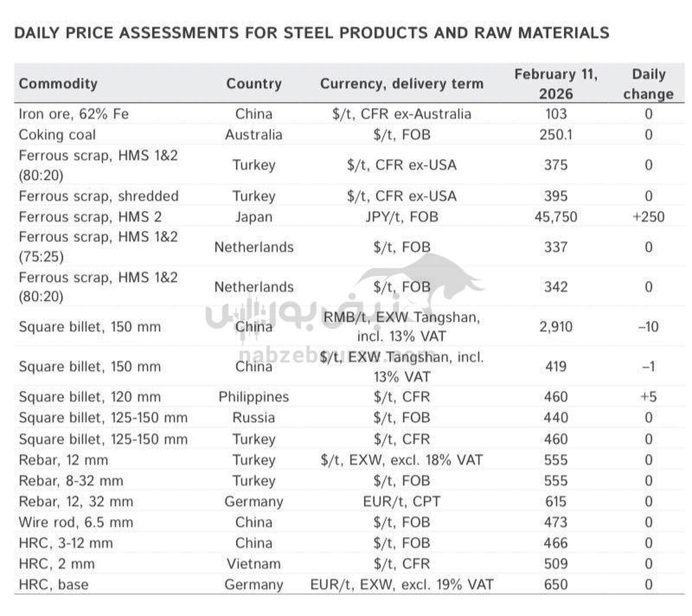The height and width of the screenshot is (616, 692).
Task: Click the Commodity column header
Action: pos(58,84)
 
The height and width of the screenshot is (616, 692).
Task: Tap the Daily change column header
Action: pos(648,84)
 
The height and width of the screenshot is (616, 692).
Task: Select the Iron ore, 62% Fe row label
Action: pos(73,114)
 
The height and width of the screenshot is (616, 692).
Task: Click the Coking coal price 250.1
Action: pos(555,134)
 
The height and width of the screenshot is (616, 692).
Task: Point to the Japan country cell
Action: pos(253,217)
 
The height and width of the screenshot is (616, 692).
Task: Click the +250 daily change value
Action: pos(648,217)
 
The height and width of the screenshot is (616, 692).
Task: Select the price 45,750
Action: pos(555,217)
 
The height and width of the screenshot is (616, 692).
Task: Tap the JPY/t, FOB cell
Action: pos(401,217)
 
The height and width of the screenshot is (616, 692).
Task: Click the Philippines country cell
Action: pos(253,397)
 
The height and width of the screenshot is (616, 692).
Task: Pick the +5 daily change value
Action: pos(648,397)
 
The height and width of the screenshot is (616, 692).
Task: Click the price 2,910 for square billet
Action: pos(555,326)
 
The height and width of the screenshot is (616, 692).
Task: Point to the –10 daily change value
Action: pos(648,326)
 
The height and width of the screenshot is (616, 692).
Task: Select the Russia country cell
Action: pos(253,418)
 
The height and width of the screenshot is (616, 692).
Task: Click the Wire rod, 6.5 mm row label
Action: pos(76,522)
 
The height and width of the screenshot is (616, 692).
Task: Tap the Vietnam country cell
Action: pos(253,564)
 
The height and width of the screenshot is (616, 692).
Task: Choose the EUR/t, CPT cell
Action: pos(401,501)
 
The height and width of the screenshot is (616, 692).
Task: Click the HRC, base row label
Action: pos(54,584)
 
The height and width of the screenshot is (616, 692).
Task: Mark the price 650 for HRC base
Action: pos(555,584)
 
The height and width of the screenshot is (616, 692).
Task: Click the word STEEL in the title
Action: pos(307,33)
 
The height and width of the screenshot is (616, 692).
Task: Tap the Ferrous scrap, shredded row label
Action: pos(99,196)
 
